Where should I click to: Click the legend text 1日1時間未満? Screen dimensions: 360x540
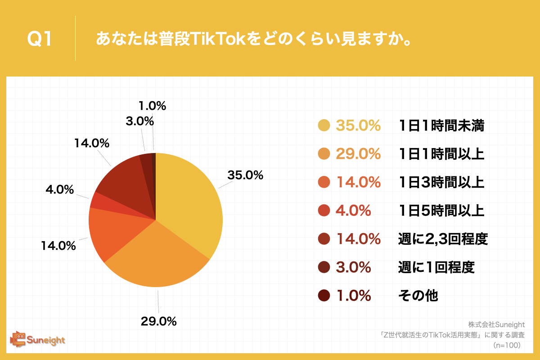(441, 126)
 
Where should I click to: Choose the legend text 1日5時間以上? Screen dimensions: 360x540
(441, 210)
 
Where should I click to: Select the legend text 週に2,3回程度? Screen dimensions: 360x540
(443, 239)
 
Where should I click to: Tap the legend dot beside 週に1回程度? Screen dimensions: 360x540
(324, 267)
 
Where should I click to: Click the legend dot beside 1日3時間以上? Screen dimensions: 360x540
(324, 183)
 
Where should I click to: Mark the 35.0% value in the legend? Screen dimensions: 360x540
(358, 126)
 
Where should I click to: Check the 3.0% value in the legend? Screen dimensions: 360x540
(353, 267)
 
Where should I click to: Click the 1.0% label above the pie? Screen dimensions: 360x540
(153, 107)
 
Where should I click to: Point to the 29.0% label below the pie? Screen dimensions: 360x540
(158, 321)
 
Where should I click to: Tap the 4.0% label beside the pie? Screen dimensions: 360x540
(60, 190)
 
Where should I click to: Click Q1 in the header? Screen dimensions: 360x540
(40, 40)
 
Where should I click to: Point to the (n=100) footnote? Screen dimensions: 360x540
(507, 345)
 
